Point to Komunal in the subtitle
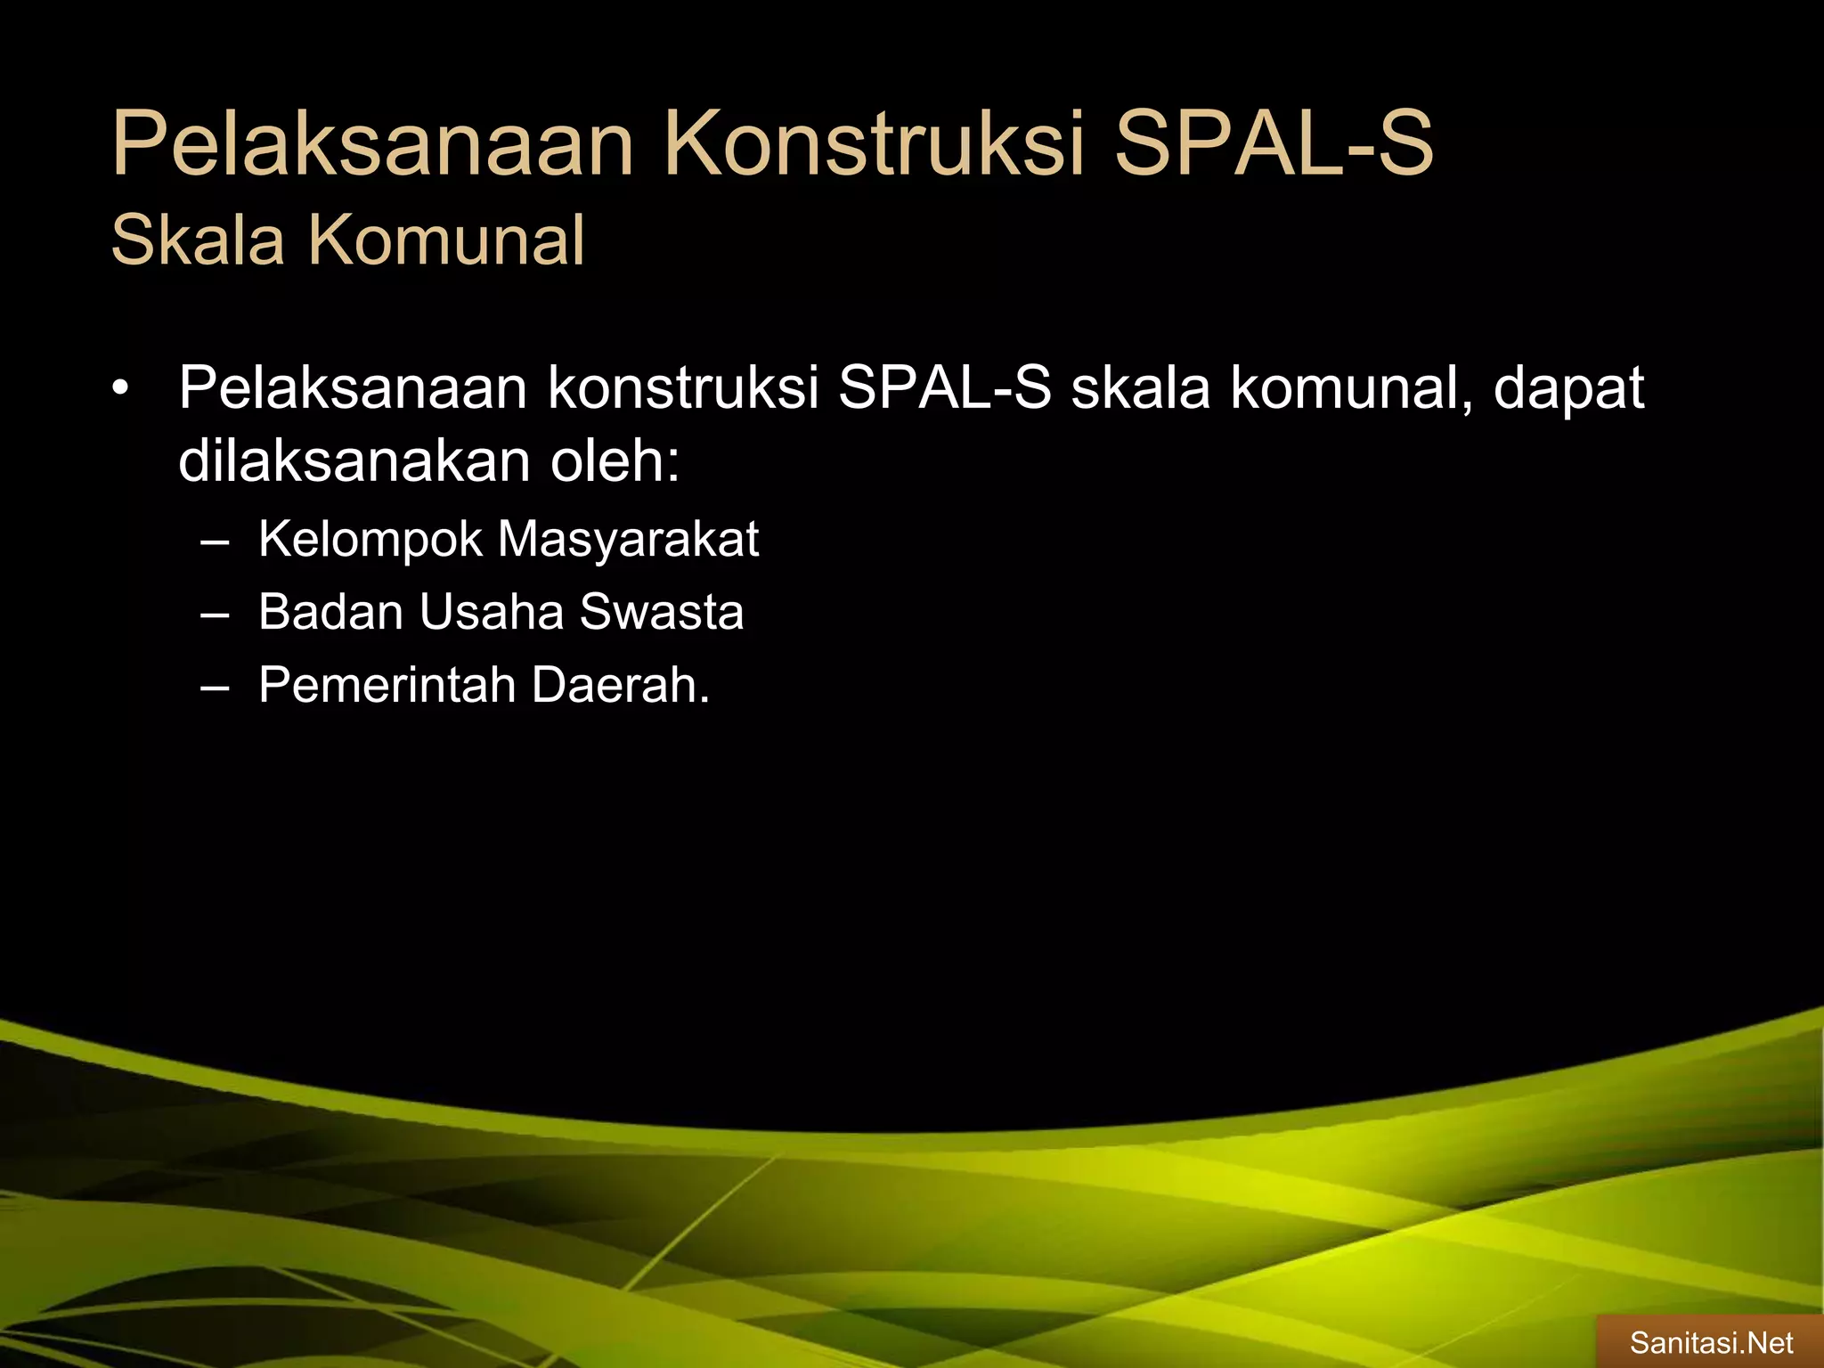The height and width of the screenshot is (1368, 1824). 446,240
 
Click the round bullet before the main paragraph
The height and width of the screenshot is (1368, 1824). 122,389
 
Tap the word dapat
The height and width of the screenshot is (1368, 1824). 1568,389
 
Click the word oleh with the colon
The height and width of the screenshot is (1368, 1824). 615,460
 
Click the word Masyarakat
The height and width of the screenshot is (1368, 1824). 628,540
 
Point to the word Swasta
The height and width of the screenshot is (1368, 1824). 662,613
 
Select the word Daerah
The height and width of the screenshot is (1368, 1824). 621,686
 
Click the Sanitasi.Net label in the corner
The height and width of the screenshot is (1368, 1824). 1711,1342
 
